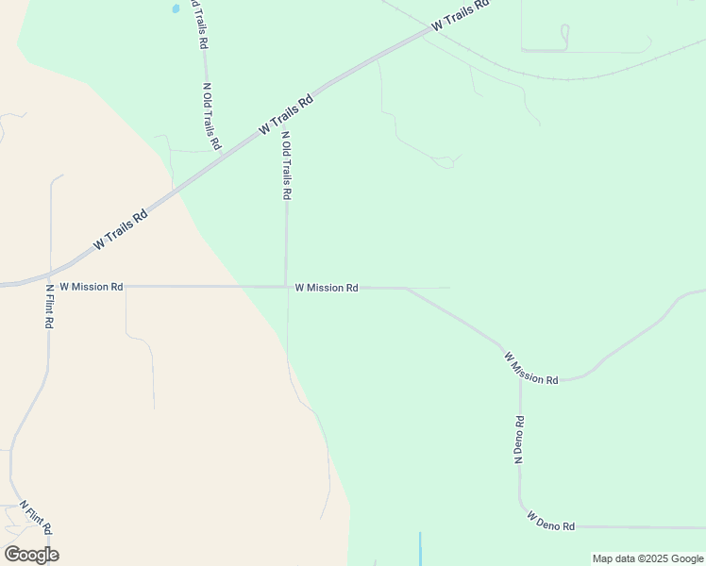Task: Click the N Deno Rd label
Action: click(519, 439)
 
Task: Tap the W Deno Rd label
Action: click(551, 521)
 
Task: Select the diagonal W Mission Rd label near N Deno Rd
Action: click(530, 369)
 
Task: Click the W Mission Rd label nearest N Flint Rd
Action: click(92, 286)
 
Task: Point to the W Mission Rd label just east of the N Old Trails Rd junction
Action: click(327, 288)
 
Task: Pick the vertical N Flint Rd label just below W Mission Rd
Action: click(49, 306)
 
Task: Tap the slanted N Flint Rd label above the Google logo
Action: click(36, 517)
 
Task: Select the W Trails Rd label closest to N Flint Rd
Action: click(121, 229)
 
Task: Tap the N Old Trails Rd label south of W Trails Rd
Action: click(286, 165)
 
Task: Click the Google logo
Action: click(31, 555)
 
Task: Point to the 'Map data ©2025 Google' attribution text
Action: click(647, 558)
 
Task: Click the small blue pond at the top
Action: click(175, 9)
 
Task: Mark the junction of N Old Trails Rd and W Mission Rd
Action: click(286, 287)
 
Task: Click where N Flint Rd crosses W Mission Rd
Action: click(49, 286)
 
